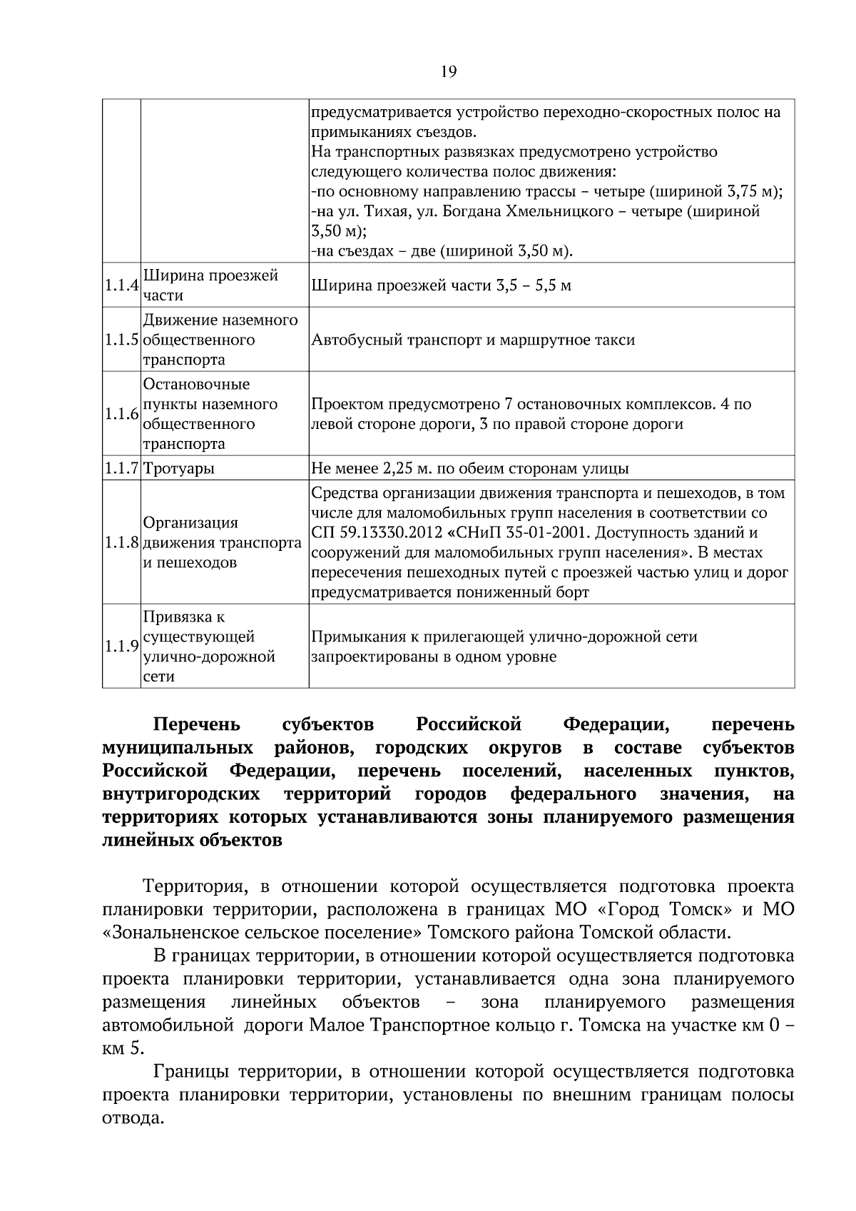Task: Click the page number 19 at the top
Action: (x=449, y=71)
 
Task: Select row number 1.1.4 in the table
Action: (x=121, y=285)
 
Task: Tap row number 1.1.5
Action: (x=121, y=340)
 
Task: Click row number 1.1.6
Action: (x=121, y=414)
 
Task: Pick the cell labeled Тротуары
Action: (x=179, y=469)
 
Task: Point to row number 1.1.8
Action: (x=121, y=543)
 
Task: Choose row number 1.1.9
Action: (x=121, y=647)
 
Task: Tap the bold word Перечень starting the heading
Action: (x=197, y=725)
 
